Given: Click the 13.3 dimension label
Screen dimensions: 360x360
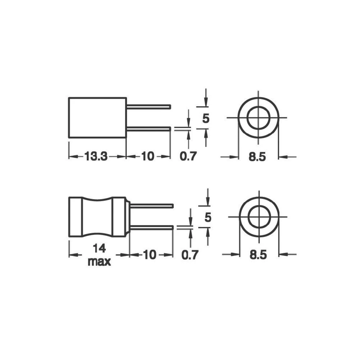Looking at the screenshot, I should click(x=96, y=157).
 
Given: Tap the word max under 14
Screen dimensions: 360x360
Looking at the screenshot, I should click(x=99, y=261).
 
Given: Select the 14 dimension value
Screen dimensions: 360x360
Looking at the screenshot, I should click(x=99, y=249).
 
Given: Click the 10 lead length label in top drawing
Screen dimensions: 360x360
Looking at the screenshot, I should click(x=148, y=157).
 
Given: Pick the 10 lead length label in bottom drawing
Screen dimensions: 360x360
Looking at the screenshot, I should click(x=150, y=255).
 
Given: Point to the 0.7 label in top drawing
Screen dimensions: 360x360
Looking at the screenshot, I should click(x=189, y=157).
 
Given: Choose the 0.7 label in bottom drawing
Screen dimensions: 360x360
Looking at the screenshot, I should click(x=190, y=255).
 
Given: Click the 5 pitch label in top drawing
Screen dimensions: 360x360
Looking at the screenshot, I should click(x=206, y=118).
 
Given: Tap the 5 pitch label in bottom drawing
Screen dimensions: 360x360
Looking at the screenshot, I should click(x=207, y=217).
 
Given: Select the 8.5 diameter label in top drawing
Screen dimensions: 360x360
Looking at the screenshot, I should click(x=258, y=157).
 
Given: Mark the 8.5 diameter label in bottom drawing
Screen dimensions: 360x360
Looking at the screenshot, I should click(x=258, y=255).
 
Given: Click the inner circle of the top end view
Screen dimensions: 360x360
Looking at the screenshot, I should click(x=258, y=117).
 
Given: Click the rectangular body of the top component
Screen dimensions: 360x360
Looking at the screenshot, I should click(x=97, y=117).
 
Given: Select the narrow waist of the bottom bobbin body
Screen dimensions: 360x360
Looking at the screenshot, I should click(x=98, y=217).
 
